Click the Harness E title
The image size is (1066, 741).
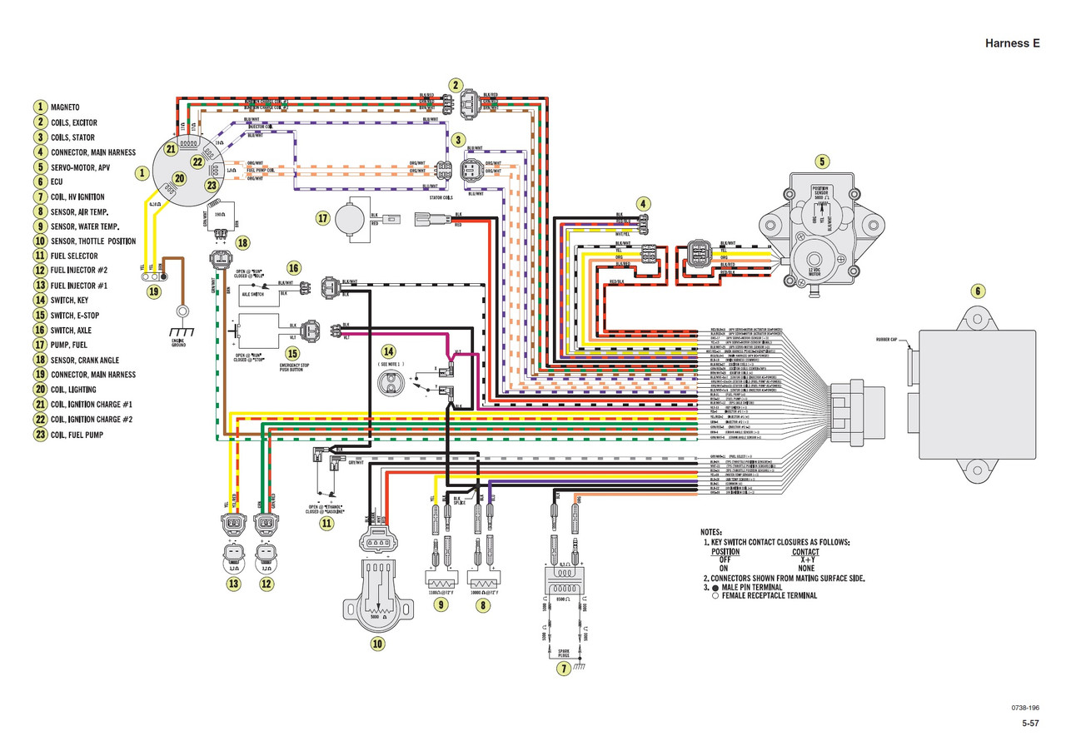pyautogui.click(x=1012, y=43)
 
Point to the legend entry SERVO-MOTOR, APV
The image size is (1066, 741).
pyautogui.click(x=92, y=167)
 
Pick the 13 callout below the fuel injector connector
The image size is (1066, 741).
pyautogui.click(x=233, y=584)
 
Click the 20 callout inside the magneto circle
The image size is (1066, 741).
pyautogui.click(x=179, y=178)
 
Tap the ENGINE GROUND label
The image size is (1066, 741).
pyautogui.click(x=179, y=341)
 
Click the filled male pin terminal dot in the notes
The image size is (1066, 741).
pyautogui.click(x=715, y=587)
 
